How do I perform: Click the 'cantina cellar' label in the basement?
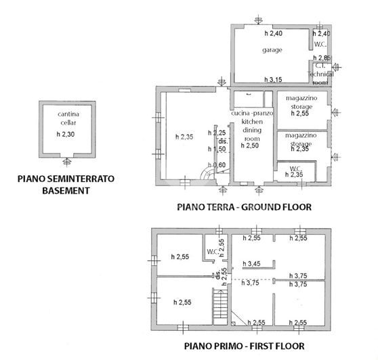point(66,118)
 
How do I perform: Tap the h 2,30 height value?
point(66,135)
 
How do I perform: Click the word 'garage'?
point(272,51)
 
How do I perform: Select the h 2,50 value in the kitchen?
point(250,145)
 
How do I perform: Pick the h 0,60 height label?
point(217,165)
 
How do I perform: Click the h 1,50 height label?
point(217,149)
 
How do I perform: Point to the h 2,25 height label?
point(217,133)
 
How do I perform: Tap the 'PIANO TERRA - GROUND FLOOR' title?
point(243,207)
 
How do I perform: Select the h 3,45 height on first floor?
point(253,264)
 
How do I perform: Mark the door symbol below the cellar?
point(66,162)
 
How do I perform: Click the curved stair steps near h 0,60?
point(205,173)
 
